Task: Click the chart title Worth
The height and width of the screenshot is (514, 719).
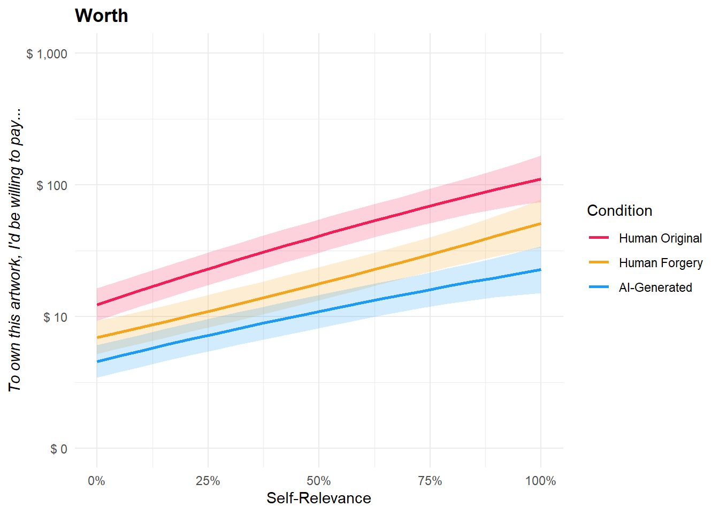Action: click(x=102, y=16)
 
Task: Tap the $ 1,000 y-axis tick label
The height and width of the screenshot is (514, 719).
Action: click(x=47, y=54)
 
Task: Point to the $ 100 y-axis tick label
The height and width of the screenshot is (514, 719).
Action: click(x=52, y=185)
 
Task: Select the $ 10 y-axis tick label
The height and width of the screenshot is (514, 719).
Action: click(x=55, y=317)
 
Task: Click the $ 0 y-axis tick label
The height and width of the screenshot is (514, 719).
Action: click(x=59, y=449)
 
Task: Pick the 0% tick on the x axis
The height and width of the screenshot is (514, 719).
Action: click(x=97, y=481)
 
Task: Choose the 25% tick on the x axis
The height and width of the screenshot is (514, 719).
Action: click(x=208, y=481)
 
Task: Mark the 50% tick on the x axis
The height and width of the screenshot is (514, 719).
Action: click(x=319, y=481)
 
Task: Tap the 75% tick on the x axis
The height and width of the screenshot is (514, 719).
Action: click(x=430, y=481)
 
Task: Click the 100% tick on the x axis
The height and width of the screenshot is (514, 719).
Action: click(x=540, y=481)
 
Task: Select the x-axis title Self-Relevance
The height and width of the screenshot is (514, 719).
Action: click(x=319, y=498)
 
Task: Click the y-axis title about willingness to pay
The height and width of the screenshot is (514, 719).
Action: click(x=15, y=249)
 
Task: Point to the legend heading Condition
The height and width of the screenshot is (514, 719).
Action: click(x=619, y=210)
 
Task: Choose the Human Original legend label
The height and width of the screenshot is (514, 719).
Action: click(x=660, y=238)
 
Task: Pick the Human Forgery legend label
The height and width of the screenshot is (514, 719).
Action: click(x=661, y=263)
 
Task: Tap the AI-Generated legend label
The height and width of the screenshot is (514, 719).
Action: click(x=655, y=288)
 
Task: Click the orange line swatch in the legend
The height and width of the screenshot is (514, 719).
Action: click(x=599, y=262)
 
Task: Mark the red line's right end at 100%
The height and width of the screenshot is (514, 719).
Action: click(x=540, y=179)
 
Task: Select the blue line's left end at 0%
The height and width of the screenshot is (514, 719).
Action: click(x=97, y=362)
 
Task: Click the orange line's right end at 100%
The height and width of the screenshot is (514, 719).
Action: click(x=540, y=223)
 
